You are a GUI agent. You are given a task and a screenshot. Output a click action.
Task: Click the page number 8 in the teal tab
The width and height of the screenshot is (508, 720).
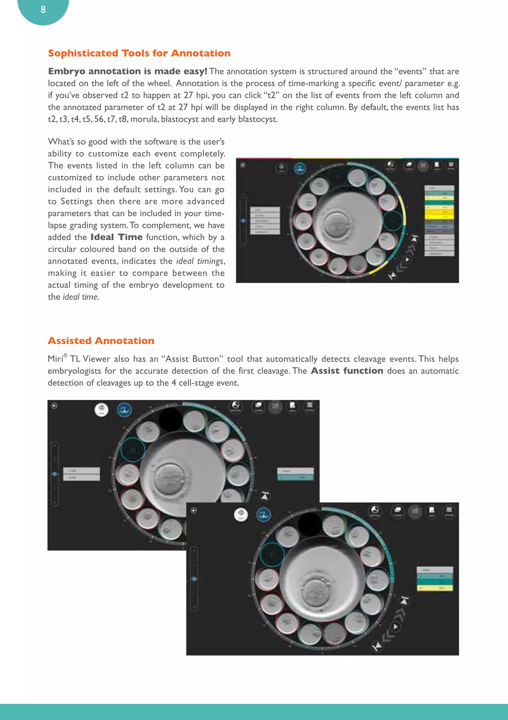(43, 10)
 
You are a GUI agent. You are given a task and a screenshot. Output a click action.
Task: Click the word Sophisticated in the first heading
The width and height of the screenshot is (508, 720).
(83, 53)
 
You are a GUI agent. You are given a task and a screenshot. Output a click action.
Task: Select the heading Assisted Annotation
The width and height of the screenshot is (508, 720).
(101, 341)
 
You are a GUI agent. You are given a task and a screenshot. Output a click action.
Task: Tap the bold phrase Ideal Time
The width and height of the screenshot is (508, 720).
(117, 237)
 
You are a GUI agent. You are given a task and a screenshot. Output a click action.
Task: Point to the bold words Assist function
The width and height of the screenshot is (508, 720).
(347, 371)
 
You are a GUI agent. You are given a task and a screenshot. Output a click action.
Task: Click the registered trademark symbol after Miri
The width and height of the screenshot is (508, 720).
(65, 355)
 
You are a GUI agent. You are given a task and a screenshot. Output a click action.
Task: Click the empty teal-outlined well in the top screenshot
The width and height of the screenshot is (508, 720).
(392, 221)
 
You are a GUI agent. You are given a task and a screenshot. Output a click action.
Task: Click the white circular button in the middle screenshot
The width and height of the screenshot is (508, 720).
(101, 409)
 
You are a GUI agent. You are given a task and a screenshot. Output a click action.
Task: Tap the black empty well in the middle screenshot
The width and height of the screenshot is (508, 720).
(170, 419)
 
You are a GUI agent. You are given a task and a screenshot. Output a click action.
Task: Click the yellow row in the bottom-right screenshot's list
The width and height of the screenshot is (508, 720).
(435, 588)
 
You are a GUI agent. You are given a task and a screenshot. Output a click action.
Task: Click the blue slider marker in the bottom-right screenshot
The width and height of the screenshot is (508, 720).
(194, 579)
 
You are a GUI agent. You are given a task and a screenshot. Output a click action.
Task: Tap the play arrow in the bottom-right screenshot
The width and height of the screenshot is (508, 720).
(396, 627)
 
